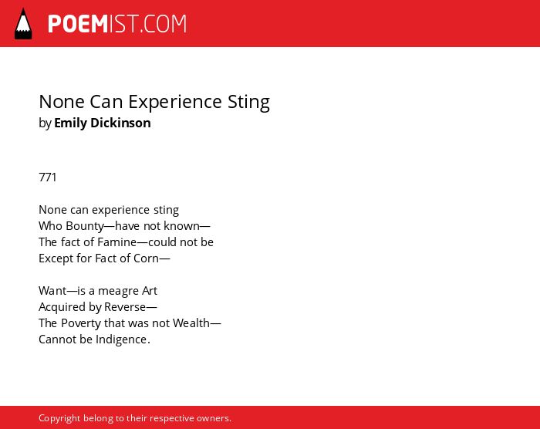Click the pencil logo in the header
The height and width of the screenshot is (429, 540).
click(x=23, y=24)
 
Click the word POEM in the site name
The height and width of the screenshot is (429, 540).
click(x=78, y=24)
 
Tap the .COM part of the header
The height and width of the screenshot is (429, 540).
click(x=164, y=24)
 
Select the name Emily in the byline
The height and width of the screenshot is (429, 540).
click(x=71, y=123)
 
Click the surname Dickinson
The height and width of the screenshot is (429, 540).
click(x=120, y=123)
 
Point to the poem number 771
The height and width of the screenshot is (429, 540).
click(x=48, y=177)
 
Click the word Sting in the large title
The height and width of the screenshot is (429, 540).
click(x=248, y=103)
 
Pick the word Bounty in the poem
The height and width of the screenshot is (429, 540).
click(x=85, y=226)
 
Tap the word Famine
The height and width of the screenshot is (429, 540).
click(x=117, y=242)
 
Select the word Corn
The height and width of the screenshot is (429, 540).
click(x=146, y=258)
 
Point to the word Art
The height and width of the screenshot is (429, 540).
click(x=150, y=290)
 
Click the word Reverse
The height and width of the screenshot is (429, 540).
click(x=125, y=306)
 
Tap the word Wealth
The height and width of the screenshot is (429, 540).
click(x=191, y=323)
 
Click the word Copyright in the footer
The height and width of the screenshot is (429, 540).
click(x=59, y=418)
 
